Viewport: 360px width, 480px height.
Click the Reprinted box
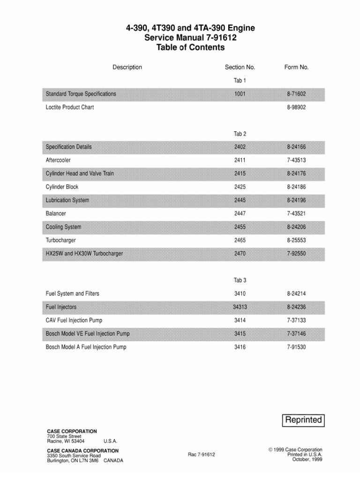coord(304,420)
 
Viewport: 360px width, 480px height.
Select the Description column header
coord(127,67)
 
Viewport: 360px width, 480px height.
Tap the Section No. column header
coord(240,67)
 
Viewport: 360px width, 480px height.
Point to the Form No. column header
coord(296,67)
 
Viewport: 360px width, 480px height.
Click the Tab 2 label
coord(240,134)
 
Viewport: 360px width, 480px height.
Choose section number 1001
coord(240,94)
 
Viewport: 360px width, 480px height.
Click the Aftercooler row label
coord(58,160)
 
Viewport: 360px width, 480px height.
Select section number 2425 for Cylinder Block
coord(240,187)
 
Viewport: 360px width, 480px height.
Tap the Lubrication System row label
coord(67,200)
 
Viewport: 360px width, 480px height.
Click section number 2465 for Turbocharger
coord(240,240)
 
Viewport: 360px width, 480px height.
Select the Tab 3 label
coord(240,280)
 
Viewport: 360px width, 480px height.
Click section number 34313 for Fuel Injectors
coord(240,307)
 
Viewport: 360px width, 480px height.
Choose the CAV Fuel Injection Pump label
coord(74,320)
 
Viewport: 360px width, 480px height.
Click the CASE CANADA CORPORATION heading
coord(82,450)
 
